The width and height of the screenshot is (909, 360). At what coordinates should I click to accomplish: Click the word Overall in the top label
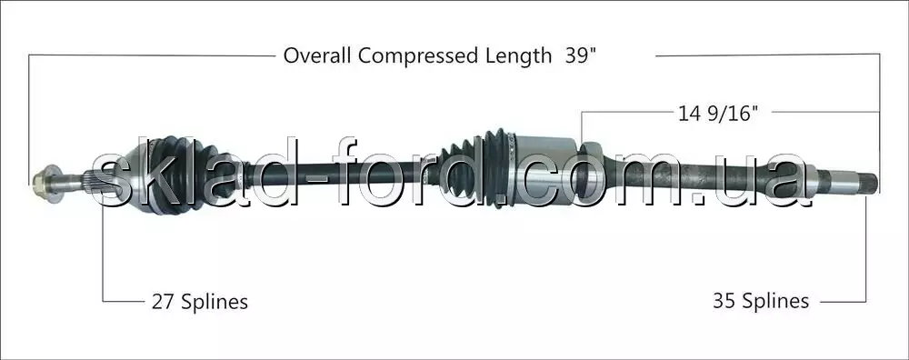point(317,56)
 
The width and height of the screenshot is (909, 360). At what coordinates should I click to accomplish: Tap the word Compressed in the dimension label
point(417,56)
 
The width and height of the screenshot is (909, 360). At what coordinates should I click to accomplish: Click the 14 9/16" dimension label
point(718,114)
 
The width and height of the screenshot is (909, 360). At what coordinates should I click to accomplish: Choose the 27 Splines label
point(199,302)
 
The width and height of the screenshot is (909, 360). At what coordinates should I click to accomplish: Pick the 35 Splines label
point(761,301)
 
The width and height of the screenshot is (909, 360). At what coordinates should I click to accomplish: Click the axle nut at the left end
point(46,184)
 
